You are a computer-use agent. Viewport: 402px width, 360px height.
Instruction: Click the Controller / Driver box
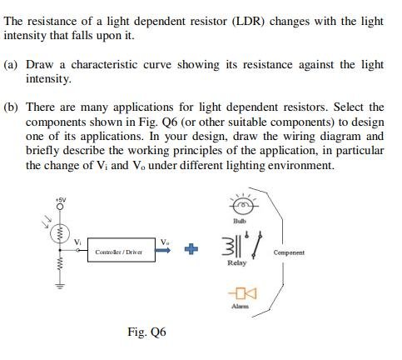[x=118, y=251]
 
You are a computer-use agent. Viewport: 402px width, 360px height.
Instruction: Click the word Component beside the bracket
[x=311, y=252]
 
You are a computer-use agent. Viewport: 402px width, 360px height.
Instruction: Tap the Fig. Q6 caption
[x=146, y=332]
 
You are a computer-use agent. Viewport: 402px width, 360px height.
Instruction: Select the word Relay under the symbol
[x=237, y=263]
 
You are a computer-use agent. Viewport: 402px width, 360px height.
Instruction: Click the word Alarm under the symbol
[x=243, y=307]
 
